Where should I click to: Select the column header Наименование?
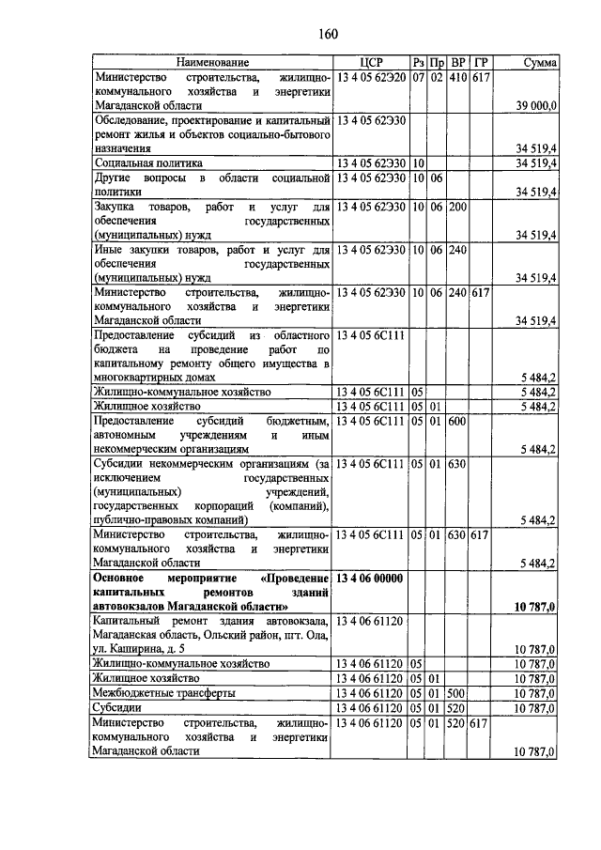[212, 62]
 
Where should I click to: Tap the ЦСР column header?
[372, 62]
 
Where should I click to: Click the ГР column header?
[481, 62]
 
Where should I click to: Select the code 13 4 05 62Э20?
[371, 76]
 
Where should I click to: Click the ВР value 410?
[458, 76]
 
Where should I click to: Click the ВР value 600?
[458, 422]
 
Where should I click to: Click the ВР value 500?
[458, 692]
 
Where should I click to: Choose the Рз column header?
[419, 62]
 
